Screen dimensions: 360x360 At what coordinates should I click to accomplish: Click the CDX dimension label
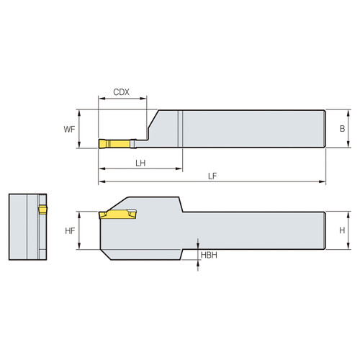tap(122, 93)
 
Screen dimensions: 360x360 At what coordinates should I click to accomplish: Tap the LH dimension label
tap(140, 163)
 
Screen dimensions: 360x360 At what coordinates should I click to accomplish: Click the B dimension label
tap(342, 129)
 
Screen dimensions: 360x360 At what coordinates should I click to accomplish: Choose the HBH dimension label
tap(209, 256)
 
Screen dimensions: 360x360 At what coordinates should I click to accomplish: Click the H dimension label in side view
tap(342, 230)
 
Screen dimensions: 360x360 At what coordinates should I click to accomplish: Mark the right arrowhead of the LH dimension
tap(179, 170)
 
